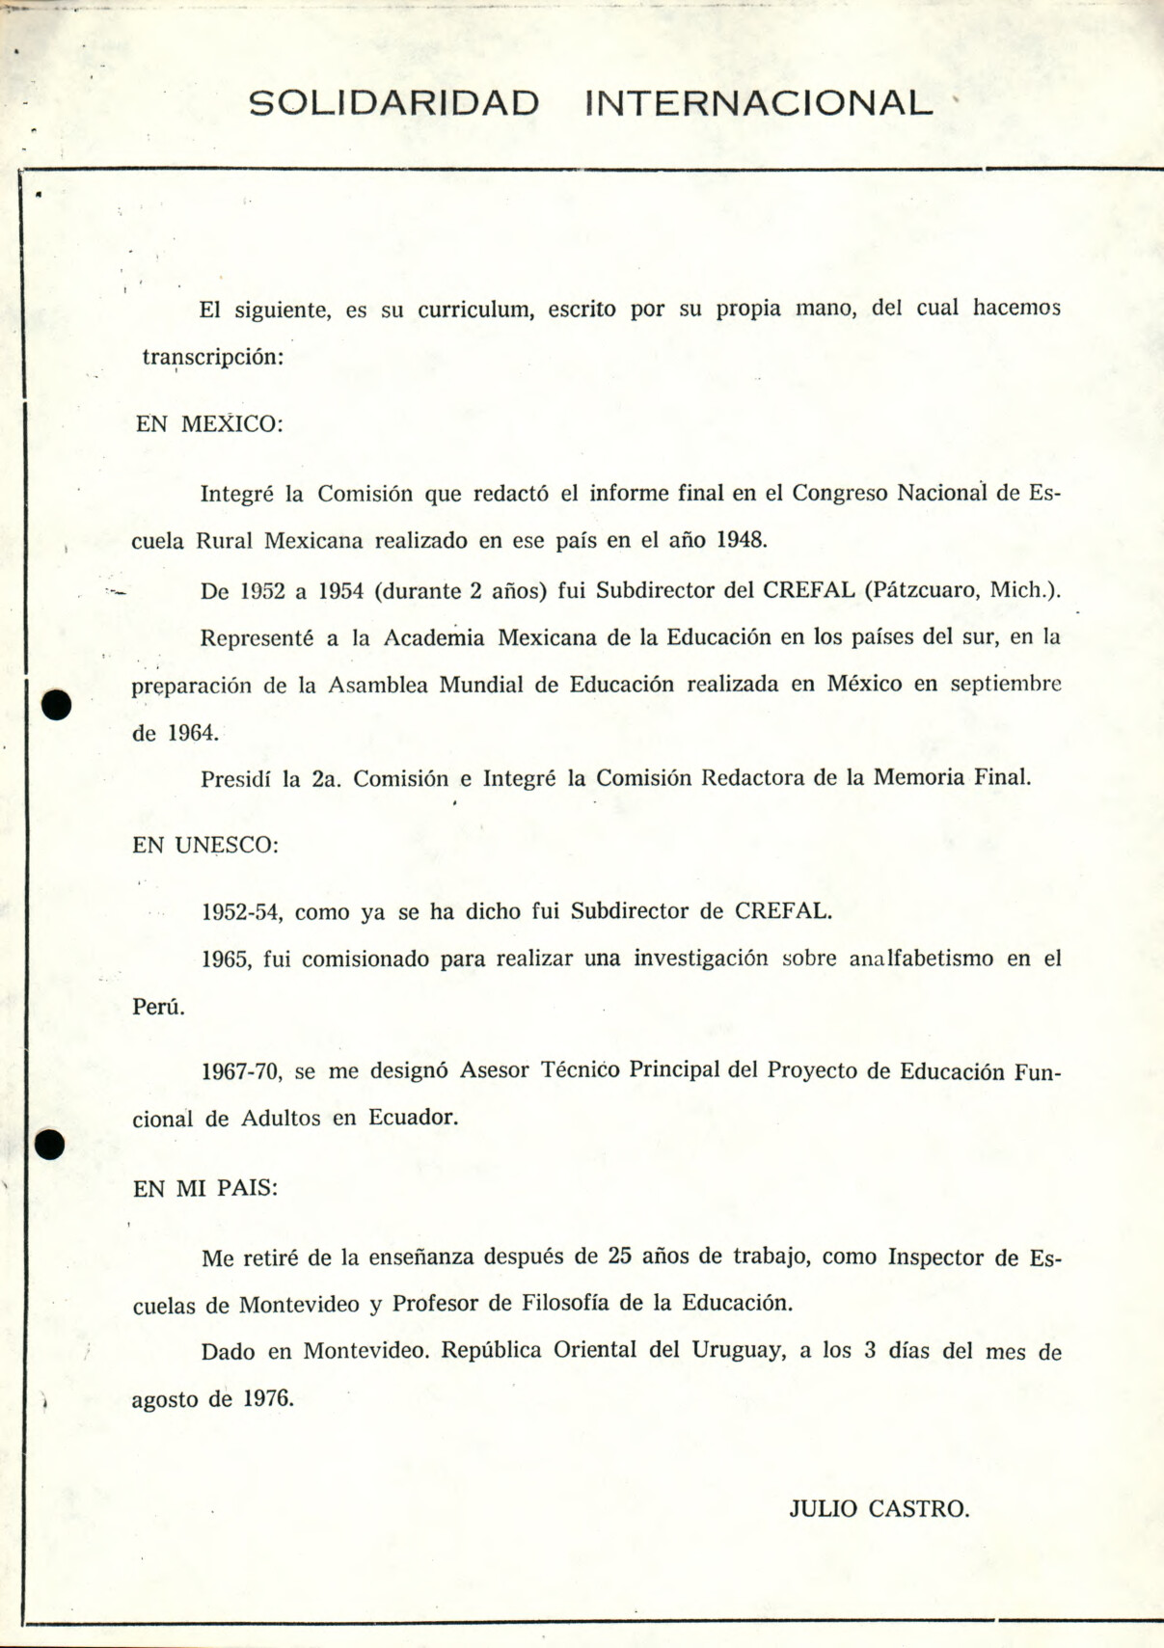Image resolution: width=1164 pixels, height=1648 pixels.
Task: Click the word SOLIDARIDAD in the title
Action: point(393,103)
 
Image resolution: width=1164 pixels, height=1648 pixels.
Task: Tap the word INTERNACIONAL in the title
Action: point(759,103)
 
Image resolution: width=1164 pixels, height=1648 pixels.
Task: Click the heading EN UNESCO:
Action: point(205,846)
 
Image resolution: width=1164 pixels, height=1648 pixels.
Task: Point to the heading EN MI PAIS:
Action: point(204,1189)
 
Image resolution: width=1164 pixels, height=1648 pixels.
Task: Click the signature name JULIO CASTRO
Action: point(880,1509)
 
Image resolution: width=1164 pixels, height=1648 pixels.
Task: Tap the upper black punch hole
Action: point(57,705)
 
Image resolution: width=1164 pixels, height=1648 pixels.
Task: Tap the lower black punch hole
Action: point(49,1145)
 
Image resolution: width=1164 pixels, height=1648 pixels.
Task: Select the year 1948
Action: point(742,540)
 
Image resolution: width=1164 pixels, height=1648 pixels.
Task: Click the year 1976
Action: point(268,1398)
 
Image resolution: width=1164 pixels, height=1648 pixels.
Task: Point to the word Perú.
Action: point(158,1007)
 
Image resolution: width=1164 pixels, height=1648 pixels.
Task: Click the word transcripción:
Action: point(213,357)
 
